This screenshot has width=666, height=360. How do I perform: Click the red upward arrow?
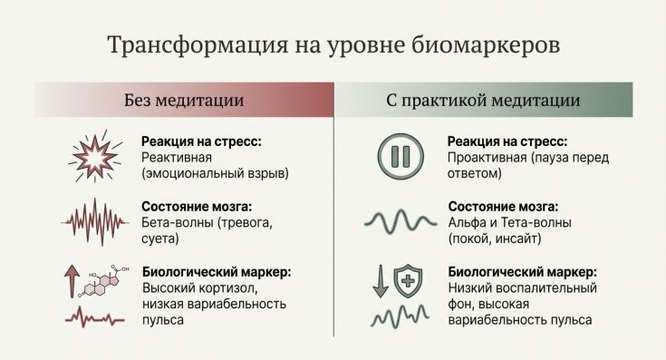point(71,282)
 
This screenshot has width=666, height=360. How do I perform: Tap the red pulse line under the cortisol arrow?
point(92,318)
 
